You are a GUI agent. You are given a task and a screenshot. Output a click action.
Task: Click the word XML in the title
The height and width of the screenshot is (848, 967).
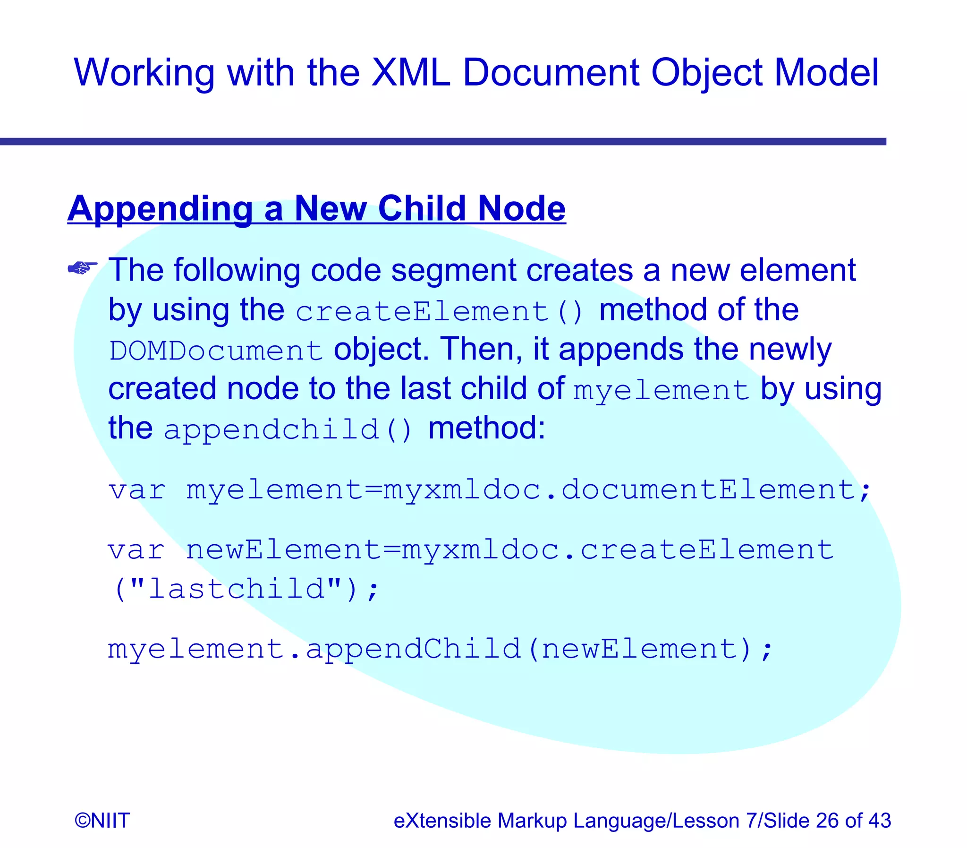410,72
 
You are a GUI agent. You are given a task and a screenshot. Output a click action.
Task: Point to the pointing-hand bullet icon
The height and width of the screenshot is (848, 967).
82,268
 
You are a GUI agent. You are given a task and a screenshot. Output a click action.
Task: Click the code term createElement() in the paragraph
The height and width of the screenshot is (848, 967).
440,312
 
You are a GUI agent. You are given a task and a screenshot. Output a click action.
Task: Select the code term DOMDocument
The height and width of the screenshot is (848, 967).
216,351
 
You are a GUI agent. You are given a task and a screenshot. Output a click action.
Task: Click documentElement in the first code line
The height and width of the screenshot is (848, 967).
708,489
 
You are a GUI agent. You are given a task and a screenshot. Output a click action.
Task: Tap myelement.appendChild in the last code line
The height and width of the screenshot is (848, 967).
314,648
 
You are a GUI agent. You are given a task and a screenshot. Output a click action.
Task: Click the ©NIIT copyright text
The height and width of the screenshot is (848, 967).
102,821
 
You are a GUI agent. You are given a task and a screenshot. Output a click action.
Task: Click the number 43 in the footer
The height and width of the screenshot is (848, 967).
879,821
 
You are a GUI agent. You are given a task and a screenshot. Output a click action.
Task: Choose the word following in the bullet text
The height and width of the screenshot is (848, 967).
237,271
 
